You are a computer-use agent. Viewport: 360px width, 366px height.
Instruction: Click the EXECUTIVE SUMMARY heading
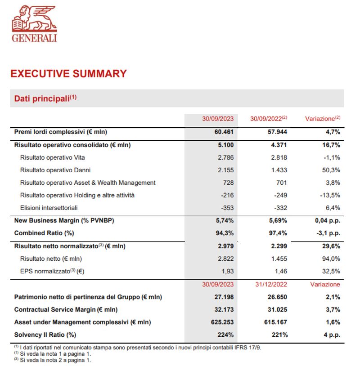click(68, 74)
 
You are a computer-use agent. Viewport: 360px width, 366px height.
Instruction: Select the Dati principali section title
click(45, 98)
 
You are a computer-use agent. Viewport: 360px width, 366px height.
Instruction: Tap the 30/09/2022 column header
click(269, 119)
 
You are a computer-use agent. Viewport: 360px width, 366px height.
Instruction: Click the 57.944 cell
click(276, 132)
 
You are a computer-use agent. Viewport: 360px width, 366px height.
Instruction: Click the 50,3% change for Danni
click(330, 170)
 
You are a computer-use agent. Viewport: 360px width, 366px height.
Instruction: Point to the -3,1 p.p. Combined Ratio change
click(327, 233)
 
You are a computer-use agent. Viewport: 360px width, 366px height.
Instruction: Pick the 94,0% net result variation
click(330, 259)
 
